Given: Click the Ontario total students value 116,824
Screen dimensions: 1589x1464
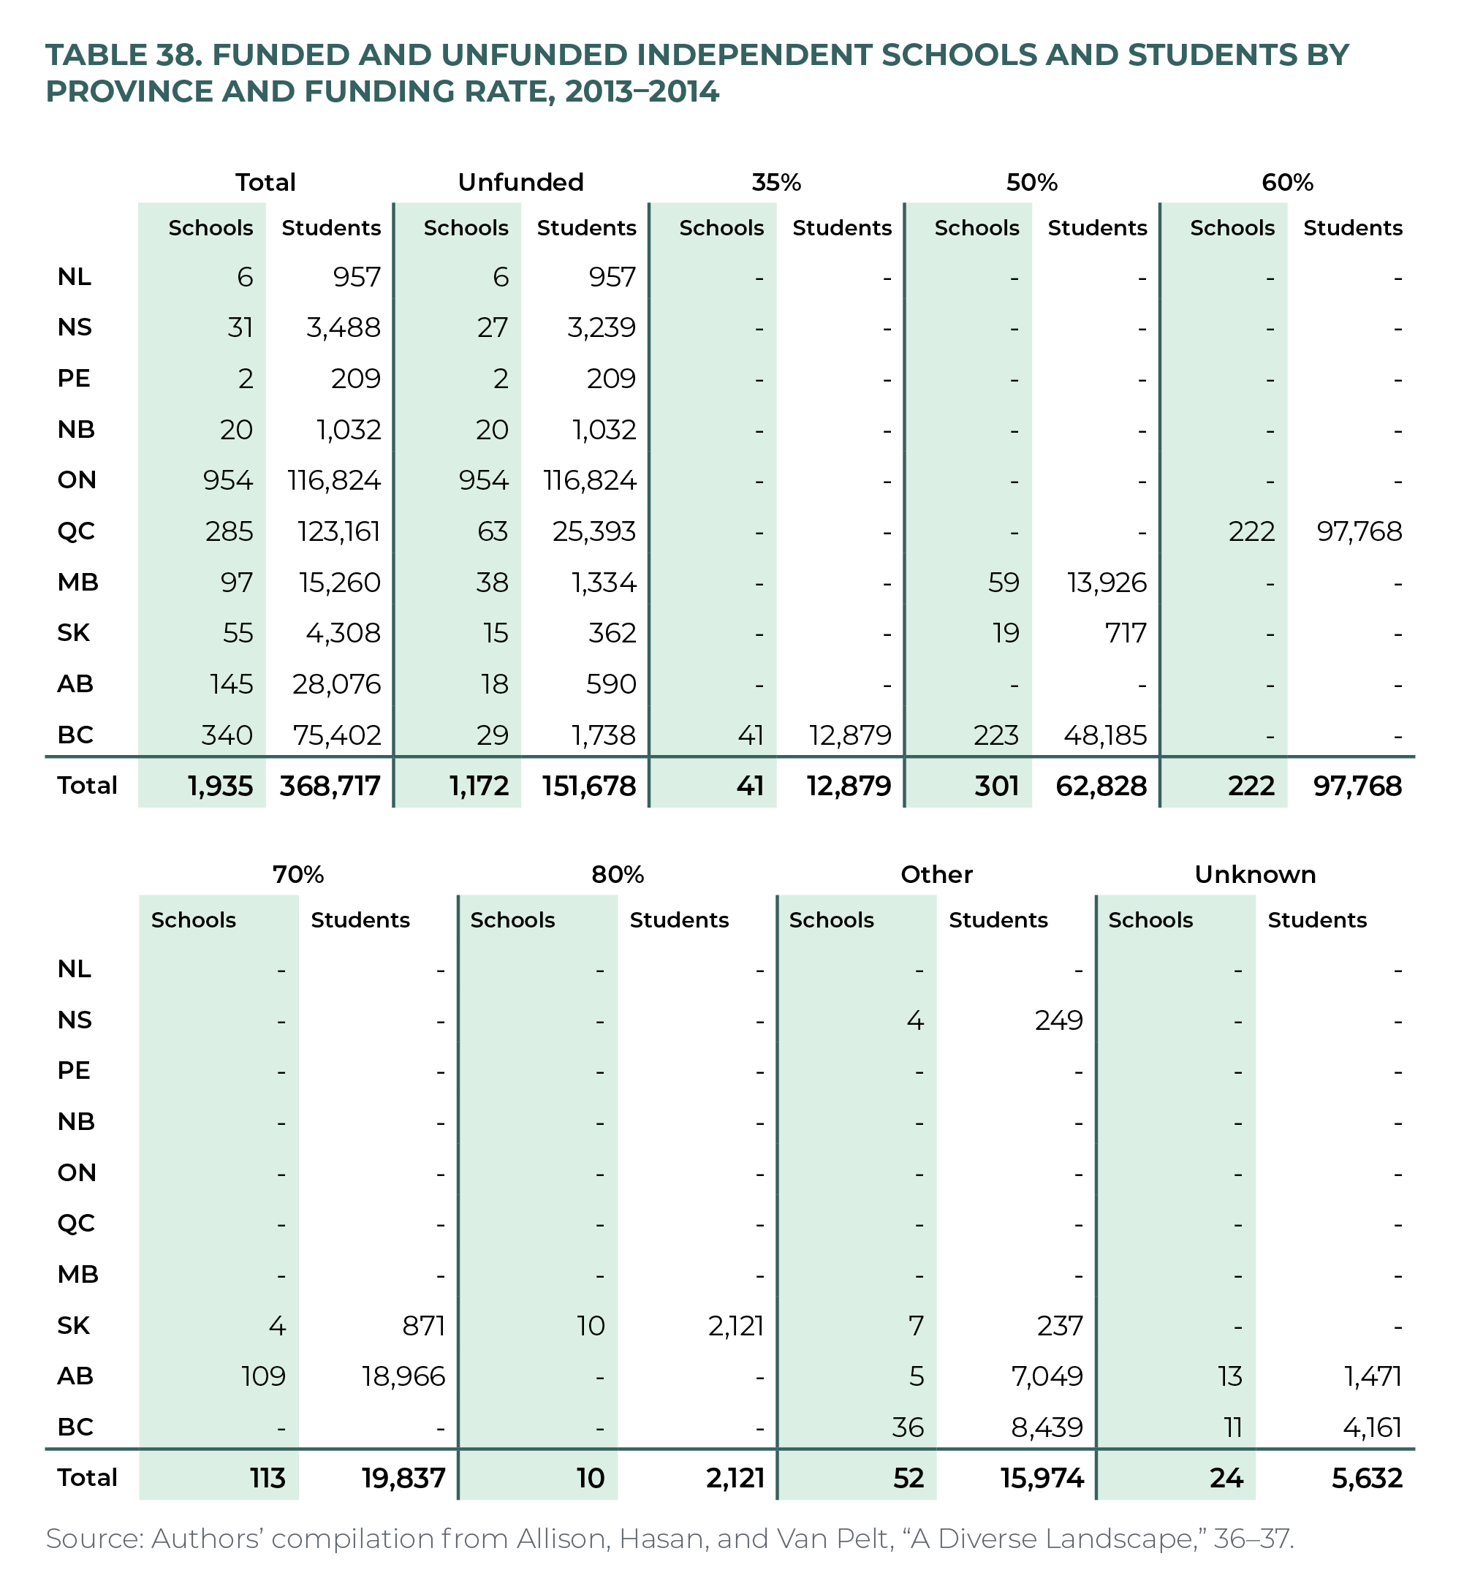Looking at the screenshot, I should (x=333, y=480).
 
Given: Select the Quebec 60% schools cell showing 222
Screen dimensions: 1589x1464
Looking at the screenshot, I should (x=1252, y=531).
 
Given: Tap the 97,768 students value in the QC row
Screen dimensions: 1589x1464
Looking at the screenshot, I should (x=1359, y=531).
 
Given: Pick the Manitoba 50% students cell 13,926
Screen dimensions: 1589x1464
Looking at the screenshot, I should (x=1106, y=583).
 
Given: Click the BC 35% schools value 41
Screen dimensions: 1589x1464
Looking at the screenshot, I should (x=749, y=735).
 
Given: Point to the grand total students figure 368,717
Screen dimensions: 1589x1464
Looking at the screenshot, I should (x=330, y=786).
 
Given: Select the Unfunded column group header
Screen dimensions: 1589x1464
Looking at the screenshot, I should (x=520, y=182).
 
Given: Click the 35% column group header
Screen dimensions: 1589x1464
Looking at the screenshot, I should (x=776, y=182).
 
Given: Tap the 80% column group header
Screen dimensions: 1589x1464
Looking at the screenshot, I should (x=617, y=874).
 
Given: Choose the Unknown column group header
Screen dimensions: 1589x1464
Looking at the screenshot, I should (x=1255, y=874).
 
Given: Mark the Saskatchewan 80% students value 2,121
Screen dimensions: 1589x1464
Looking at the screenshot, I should (x=735, y=1325).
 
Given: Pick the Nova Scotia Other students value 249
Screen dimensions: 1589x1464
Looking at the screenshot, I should (x=1058, y=1020).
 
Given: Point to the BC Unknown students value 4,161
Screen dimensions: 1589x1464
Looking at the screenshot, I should (x=1372, y=1427).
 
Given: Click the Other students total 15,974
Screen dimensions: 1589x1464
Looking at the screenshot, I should (x=1042, y=1478).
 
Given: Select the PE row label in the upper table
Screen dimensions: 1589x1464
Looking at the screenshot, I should (x=74, y=379).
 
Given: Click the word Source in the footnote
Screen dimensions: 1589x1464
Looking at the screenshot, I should (x=94, y=1539).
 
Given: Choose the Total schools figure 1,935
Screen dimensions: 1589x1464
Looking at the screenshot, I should (x=219, y=786).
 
